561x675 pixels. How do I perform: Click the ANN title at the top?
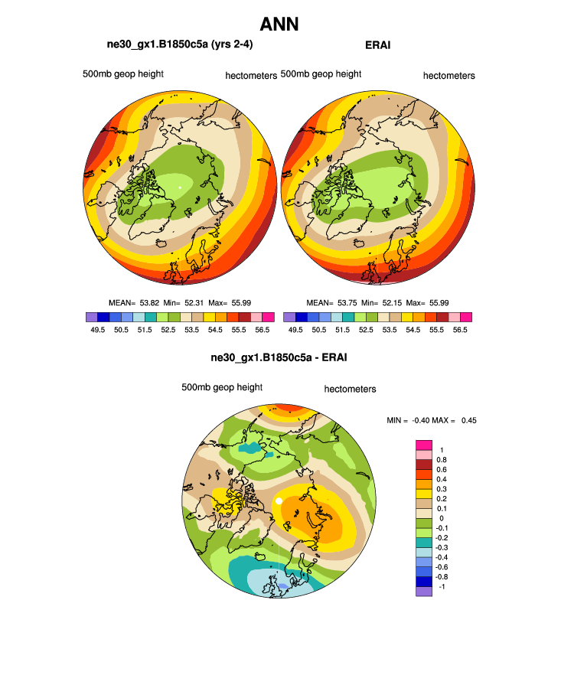279,24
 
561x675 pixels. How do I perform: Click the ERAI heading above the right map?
378,45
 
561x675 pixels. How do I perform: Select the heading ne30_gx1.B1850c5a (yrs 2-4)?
180,45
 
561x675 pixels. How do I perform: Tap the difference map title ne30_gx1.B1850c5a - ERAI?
279,357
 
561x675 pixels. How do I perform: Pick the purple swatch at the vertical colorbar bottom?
425,591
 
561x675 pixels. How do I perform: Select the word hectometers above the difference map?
350,389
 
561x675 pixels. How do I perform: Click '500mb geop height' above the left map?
123,74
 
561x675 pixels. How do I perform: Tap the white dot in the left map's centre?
180,186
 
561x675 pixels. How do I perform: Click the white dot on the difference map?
279,501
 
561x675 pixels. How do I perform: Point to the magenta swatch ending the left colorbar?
267,317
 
